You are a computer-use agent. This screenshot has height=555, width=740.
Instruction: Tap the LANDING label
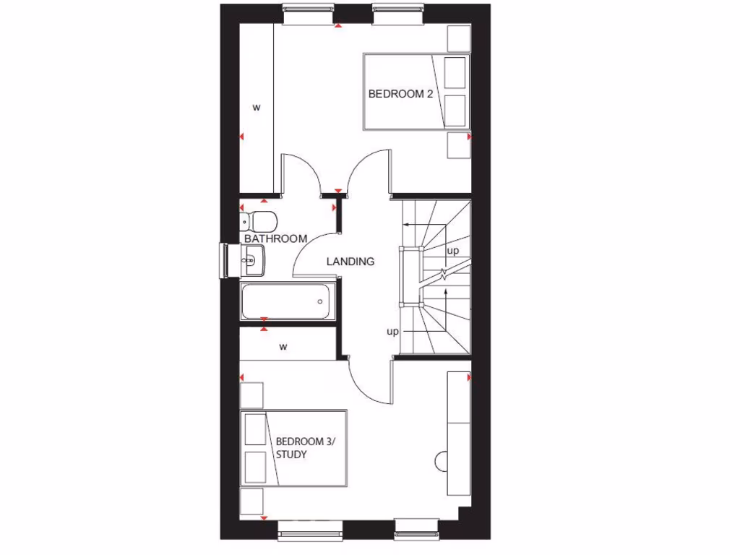(x=350, y=262)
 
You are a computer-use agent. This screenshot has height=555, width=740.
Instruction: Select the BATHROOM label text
(x=275, y=238)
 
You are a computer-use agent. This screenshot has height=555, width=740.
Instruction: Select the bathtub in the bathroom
(x=287, y=301)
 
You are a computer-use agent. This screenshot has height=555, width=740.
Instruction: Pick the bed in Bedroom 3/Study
(x=293, y=448)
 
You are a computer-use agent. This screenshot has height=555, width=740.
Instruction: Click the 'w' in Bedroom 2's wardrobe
(x=256, y=108)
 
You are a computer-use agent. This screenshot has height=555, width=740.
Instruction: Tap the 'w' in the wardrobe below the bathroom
(x=283, y=347)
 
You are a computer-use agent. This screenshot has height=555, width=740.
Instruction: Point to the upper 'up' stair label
(x=453, y=251)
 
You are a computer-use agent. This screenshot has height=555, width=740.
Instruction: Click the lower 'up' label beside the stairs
(x=392, y=332)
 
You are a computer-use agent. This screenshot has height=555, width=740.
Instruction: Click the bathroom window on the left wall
(x=224, y=260)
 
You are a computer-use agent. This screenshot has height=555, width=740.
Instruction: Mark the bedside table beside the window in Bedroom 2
(x=459, y=37)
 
